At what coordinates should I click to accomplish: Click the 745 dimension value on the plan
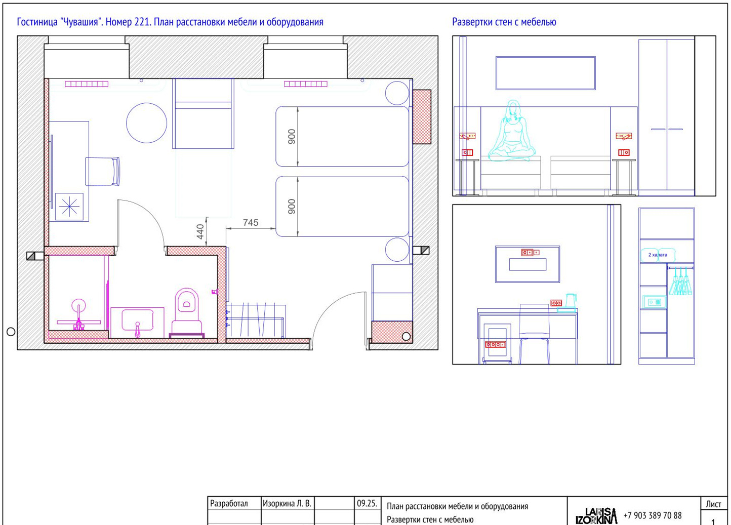(250, 223)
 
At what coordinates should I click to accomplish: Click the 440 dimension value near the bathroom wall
(200, 231)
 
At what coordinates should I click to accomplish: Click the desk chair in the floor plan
(102, 172)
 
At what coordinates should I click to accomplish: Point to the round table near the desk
(146, 123)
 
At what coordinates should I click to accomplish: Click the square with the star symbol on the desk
(69, 207)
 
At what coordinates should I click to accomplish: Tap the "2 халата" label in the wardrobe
(658, 255)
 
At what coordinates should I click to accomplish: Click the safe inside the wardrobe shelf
(654, 302)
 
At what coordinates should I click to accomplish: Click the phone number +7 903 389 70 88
(653, 515)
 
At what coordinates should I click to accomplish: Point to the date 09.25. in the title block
(367, 503)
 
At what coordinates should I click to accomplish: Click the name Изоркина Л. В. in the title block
(287, 503)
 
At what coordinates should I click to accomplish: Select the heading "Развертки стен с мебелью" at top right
(504, 22)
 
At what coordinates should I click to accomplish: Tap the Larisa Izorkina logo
(596, 516)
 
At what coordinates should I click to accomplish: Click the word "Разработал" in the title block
(229, 503)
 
